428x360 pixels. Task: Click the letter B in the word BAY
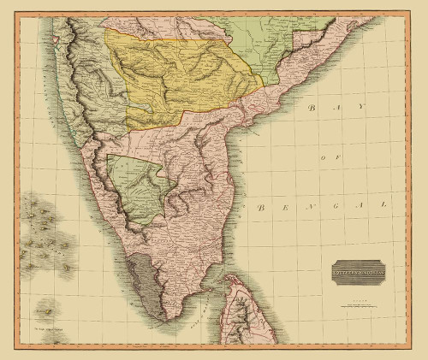(x=313, y=109)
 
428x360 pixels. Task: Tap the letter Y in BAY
(x=362, y=104)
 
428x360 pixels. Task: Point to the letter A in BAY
(x=337, y=106)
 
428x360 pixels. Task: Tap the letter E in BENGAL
(x=286, y=208)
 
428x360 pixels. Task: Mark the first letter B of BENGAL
(x=260, y=209)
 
